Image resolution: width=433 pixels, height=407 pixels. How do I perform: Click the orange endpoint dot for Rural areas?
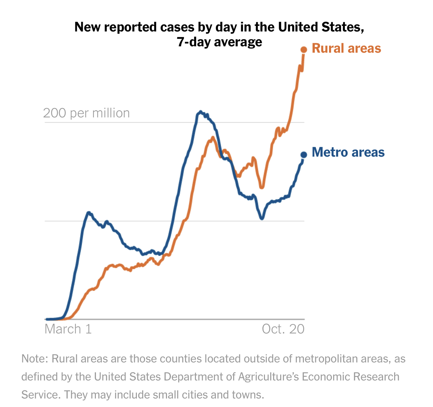coord(304,50)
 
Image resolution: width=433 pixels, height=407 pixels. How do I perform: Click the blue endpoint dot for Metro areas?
coord(304,155)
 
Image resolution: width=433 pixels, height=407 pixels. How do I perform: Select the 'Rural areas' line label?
coord(346,48)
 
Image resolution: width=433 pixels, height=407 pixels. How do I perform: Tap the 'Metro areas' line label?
coord(348,152)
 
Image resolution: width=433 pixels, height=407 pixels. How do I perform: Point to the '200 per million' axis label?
coord(86,113)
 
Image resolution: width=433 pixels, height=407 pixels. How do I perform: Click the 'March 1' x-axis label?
coord(68,329)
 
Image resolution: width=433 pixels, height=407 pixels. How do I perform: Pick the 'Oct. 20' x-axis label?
coord(283,329)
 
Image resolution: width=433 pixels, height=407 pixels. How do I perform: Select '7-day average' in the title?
coord(220,42)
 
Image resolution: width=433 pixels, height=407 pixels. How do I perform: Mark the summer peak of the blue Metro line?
coord(201,112)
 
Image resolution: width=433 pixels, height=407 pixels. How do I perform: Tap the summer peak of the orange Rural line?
coord(213,138)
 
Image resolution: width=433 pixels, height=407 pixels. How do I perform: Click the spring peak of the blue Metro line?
coord(89,213)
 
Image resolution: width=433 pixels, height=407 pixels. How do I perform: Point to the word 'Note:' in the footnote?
coord(34,359)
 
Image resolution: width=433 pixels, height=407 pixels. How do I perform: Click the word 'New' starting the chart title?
coord(86,27)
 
